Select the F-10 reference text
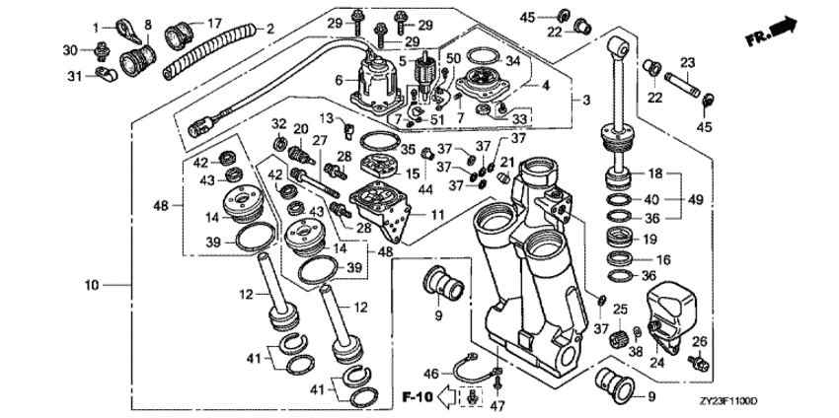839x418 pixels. pos(418,397)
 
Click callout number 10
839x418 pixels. pos(93,286)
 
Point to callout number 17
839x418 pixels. pos(214,22)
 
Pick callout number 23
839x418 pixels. pos(687,60)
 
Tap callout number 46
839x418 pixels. pos(430,373)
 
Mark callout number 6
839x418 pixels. pos(339,81)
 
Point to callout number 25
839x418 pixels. pos(619,309)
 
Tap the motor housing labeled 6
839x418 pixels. pos(374,78)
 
